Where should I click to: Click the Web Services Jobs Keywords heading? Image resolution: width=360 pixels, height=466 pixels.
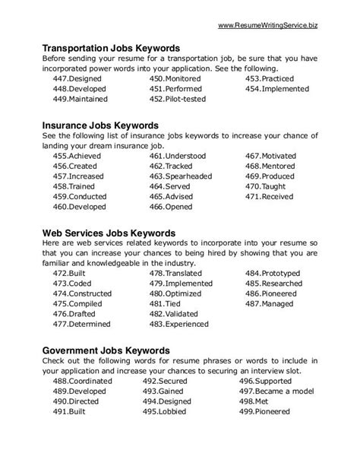point(111,232)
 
